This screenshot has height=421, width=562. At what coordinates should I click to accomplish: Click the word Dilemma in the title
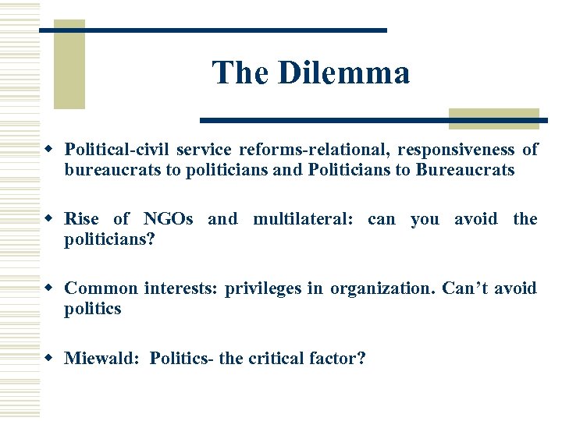tap(343, 73)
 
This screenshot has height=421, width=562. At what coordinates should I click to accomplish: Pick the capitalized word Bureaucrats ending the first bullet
tap(465, 170)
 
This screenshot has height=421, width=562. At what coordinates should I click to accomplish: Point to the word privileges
tap(262, 288)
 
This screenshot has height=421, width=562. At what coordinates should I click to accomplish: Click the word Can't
tap(465, 288)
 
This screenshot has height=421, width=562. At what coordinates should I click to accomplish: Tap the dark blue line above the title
tap(213, 30)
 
